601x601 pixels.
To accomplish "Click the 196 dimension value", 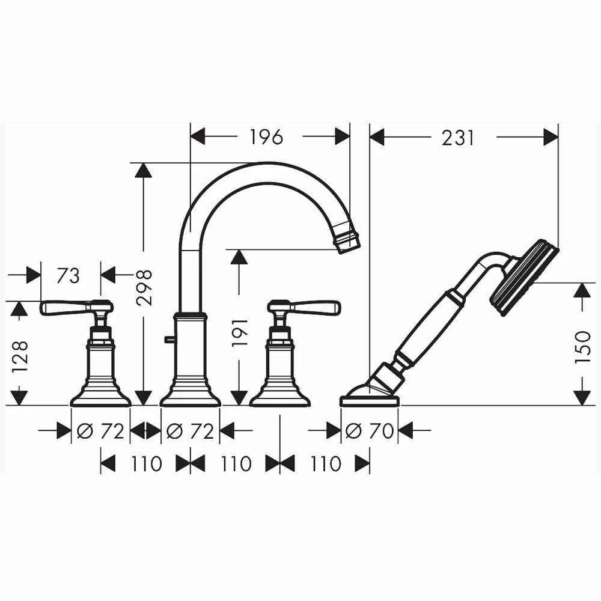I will click(x=266, y=137).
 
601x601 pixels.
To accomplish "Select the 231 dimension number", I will click(x=458, y=138).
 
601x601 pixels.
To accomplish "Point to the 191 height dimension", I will click(x=240, y=332).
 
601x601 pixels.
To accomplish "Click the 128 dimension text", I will click(x=20, y=356).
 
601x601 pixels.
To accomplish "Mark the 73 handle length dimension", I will click(x=68, y=275).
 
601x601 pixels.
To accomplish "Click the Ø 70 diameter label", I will click(x=369, y=430).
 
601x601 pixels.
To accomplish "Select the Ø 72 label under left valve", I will click(x=100, y=430).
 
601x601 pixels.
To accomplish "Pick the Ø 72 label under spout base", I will click(x=190, y=430).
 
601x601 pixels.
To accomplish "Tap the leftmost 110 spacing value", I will click(x=145, y=463).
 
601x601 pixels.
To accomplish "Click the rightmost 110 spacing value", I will click(x=325, y=463).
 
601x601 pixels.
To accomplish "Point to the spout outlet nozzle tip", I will click(x=349, y=239).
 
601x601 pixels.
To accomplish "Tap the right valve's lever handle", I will click(x=316, y=307).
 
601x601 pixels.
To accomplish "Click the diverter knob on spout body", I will click(x=168, y=340).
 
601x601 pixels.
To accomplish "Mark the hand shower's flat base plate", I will click(x=369, y=400).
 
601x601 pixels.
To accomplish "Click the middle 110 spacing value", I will click(x=235, y=463).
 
